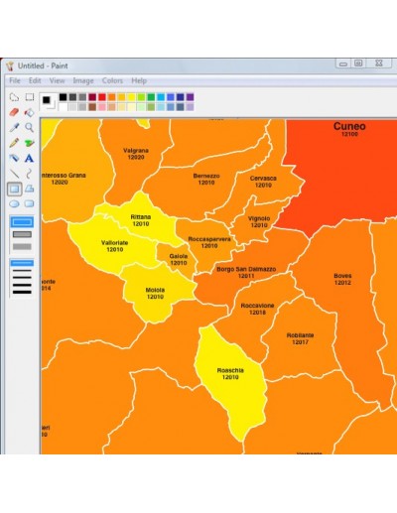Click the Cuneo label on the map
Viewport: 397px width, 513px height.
[x=349, y=127]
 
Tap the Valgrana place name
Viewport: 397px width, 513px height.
[x=136, y=151]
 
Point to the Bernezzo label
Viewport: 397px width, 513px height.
[x=206, y=176]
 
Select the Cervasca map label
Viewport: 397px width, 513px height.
[x=263, y=179]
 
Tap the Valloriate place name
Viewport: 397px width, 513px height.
[x=115, y=243]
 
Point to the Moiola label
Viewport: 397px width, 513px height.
[x=156, y=291]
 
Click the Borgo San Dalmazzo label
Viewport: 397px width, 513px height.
[x=246, y=269]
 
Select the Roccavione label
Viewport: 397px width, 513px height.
[x=258, y=306]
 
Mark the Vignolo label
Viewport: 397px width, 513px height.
[x=259, y=217]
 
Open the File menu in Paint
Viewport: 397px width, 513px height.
[x=15, y=80]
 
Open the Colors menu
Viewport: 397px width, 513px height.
[x=112, y=80]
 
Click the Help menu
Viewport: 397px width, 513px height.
[x=139, y=80]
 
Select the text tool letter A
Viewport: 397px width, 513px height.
[x=30, y=157]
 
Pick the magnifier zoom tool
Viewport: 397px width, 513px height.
[x=30, y=127]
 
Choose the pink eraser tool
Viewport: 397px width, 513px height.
[x=30, y=112]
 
